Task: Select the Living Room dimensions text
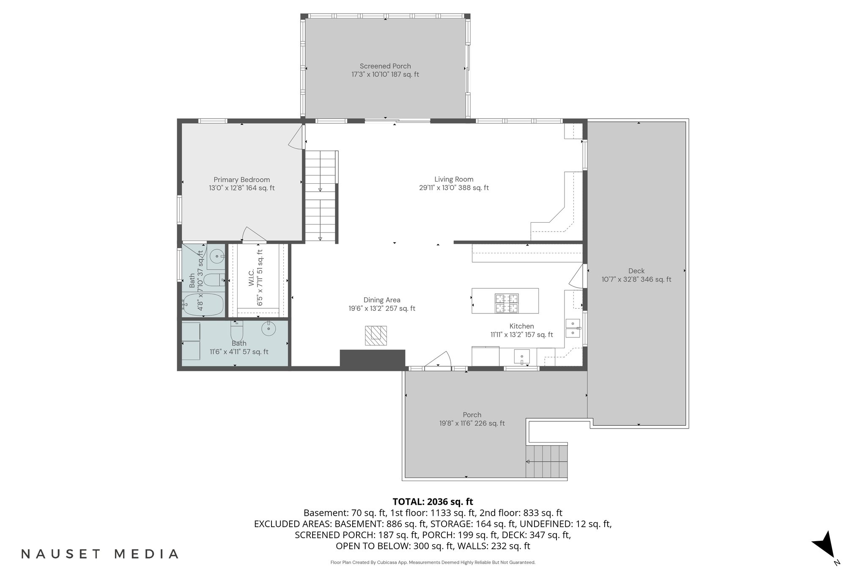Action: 454,188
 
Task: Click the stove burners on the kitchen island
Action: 507,303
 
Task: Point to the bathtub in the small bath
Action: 203,304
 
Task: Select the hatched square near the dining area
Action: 376,336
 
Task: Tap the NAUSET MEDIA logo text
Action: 100,554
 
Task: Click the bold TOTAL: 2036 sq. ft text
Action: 433,502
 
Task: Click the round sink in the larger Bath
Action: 268,328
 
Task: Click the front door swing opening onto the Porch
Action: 439,360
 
